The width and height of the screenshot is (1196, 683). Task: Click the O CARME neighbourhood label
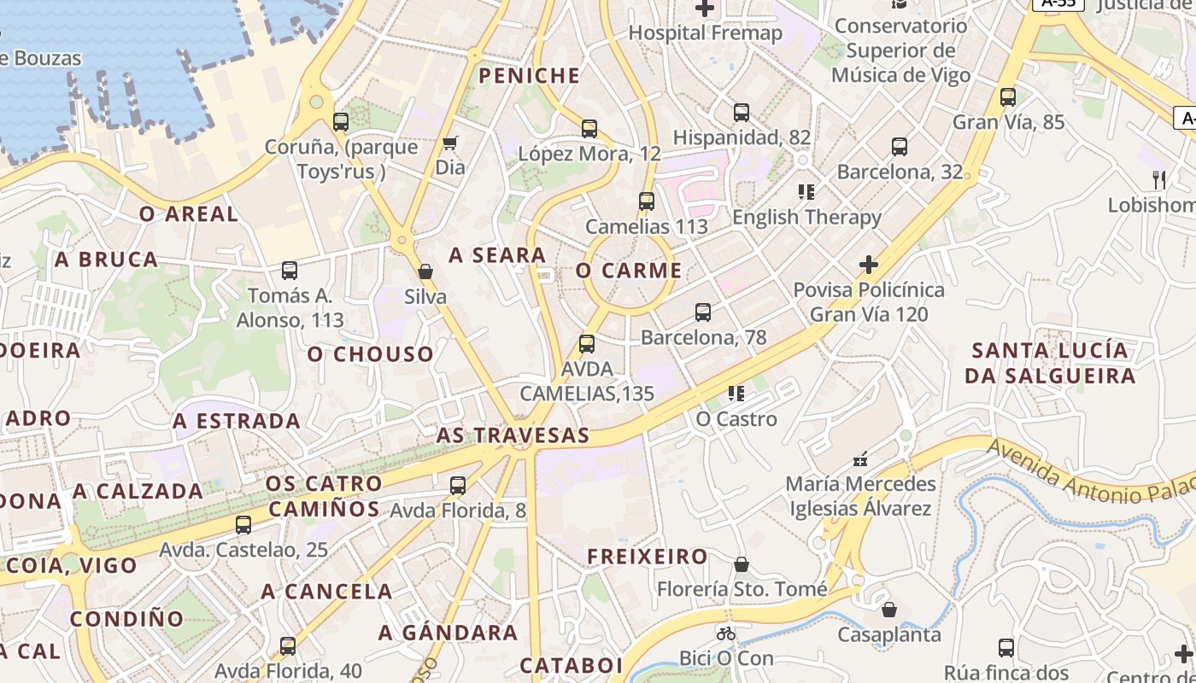point(629,271)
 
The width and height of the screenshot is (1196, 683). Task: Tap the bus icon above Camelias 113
point(647,201)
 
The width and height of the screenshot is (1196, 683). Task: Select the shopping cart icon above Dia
point(450,143)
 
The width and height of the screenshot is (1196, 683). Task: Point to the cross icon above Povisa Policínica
point(868,265)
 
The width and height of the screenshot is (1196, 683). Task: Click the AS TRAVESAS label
point(513,435)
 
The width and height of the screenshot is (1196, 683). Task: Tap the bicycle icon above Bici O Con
point(726,633)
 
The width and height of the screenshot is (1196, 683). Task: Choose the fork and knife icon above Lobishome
point(1158,180)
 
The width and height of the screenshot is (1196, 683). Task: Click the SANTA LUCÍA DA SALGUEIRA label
point(1050,363)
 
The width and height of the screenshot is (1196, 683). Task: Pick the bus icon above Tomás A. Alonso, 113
point(290,271)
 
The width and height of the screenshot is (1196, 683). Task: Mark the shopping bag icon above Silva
point(425,272)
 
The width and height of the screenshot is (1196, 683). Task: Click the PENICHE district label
point(530,76)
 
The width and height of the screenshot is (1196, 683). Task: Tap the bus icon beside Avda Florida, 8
point(458,486)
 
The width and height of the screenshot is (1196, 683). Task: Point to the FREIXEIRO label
point(647,557)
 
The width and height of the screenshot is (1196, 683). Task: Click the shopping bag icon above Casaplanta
point(889,610)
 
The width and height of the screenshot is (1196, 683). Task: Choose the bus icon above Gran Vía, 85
point(1008,97)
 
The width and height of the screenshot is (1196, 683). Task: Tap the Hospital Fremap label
point(705,33)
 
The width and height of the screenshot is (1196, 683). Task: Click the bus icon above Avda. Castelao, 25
point(243,524)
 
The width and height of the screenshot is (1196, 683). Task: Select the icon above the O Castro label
point(736,394)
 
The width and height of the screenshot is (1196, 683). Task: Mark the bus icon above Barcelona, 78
point(703,312)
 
